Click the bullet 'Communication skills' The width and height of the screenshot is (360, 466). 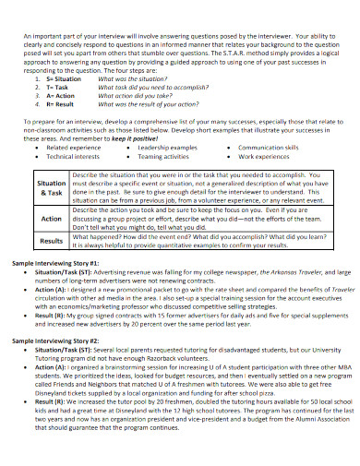270,148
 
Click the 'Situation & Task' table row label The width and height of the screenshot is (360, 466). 50,189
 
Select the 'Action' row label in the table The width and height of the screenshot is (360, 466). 51,219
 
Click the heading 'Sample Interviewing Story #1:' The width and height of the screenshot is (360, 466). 61,264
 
